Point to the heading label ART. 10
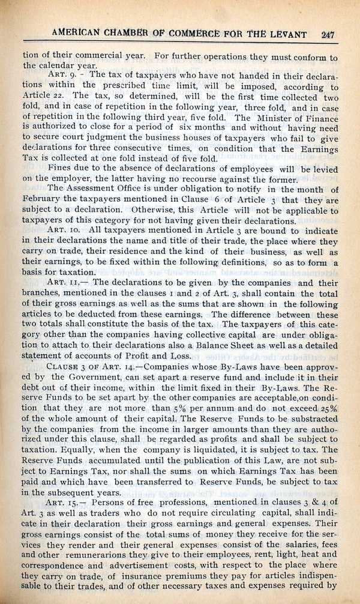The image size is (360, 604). (x=63, y=231)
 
